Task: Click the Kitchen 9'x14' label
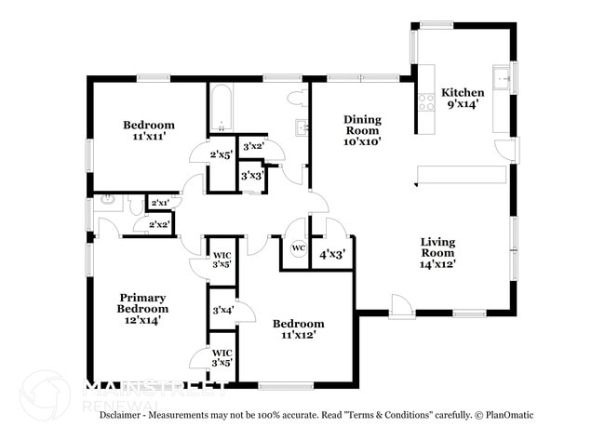(463, 98)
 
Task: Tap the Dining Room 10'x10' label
(362, 130)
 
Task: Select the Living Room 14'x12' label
(437, 252)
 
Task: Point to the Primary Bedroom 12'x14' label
(142, 308)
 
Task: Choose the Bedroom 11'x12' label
(298, 329)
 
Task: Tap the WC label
(298, 248)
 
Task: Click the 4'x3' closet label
(332, 253)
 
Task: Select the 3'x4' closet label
(222, 310)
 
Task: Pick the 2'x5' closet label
(222, 154)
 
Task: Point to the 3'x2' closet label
(252, 146)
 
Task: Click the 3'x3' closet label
(251, 175)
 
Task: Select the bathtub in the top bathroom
(222, 110)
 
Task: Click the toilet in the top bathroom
(296, 97)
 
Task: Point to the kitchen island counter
(461, 175)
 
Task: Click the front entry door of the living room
(401, 307)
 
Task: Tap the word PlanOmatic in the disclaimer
(507, 415)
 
